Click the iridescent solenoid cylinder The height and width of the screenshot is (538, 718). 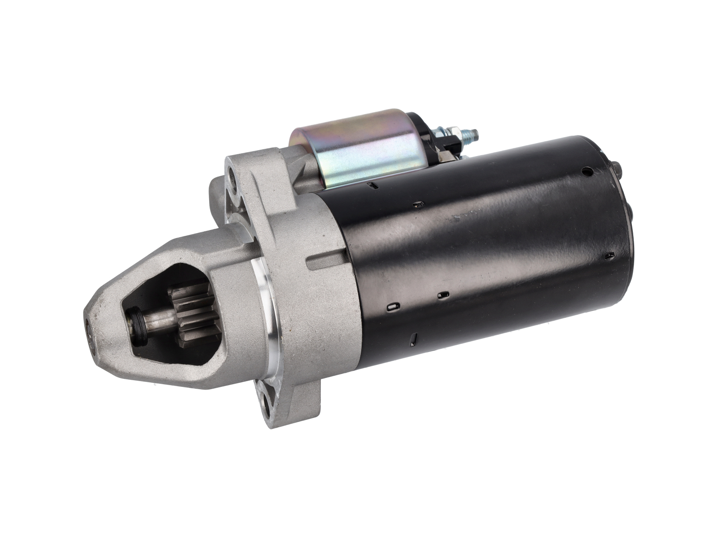click(x=359, y=150)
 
